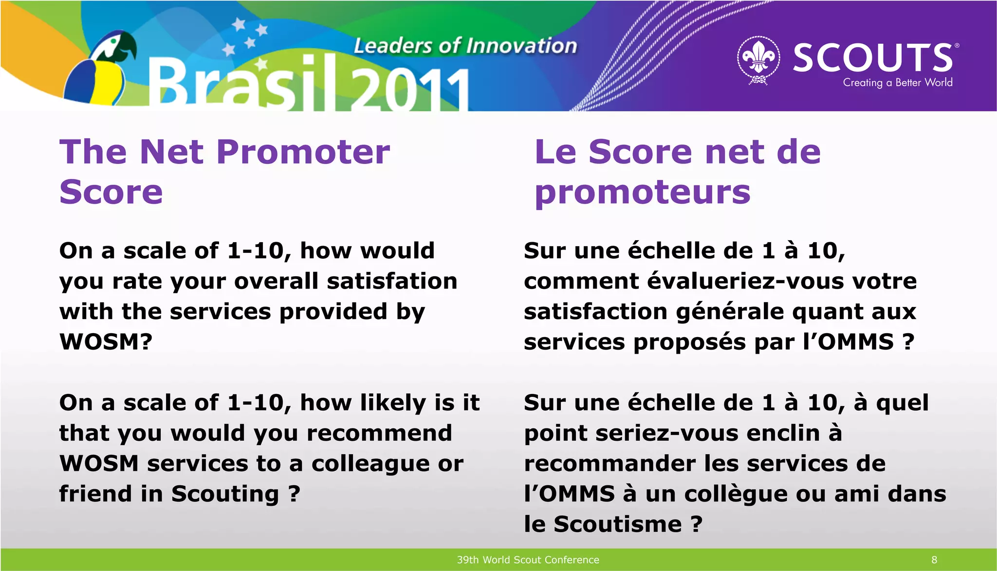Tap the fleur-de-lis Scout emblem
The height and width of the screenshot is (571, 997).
point(758,59)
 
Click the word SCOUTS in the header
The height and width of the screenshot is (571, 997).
point(873,57)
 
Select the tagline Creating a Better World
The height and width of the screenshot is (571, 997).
point(897,83)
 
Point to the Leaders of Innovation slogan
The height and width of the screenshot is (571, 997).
point(465,46)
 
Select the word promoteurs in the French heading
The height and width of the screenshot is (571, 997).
point(642,192)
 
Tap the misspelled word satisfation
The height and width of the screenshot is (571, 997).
point(392,281)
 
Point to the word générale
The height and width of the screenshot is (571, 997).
point(730,312)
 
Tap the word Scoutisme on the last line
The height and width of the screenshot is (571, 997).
point(617,524)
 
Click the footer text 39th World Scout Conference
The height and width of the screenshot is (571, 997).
point(528,560)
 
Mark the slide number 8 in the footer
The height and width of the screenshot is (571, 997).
point(934,560)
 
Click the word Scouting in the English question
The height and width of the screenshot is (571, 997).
point(225,494)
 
